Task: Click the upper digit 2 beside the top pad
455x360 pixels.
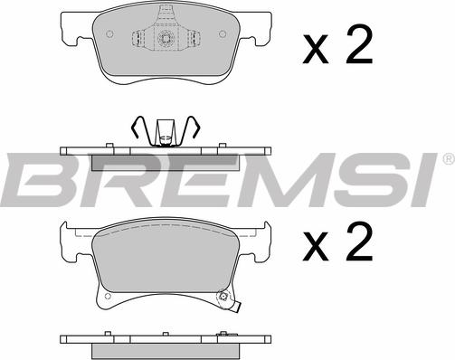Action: pyautogui.click(x=359, y=44)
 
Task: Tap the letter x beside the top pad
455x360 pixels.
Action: pyautogui.click(x=316, y=49)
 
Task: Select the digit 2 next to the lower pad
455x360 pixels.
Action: pyautogui.click(x=359, y=242)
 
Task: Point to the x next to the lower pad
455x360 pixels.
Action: pyautogui.click(x=316, y=246)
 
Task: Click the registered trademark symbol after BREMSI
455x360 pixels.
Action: pyautogui.click(x=449, y=158)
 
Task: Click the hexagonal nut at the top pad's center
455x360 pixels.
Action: pyautogui.click(x=166, y=38)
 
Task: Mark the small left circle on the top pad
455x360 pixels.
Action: pyautogui.click(x=109, y=34)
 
